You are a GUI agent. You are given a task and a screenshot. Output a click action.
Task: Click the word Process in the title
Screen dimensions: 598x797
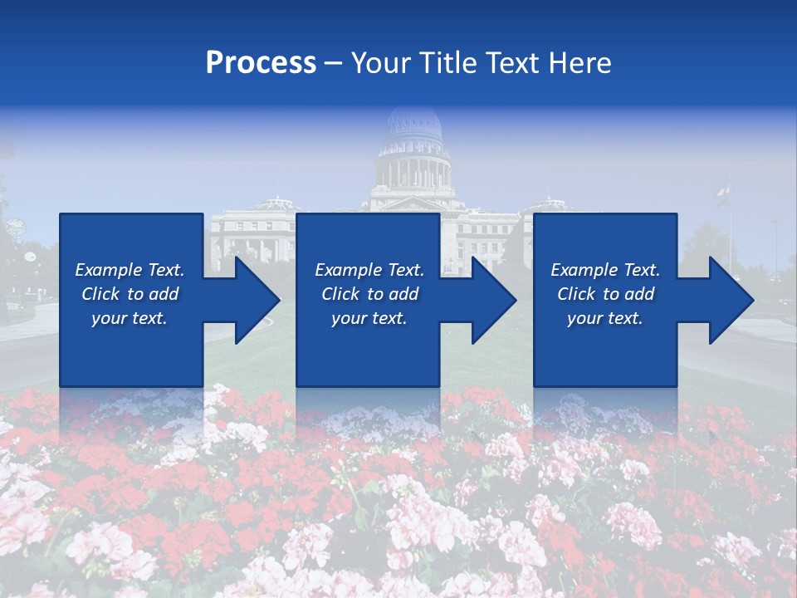point(261,62)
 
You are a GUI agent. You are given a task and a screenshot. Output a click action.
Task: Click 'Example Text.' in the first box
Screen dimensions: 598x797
point(130,270)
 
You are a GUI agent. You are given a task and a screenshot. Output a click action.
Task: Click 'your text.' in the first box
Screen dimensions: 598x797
point(130,318)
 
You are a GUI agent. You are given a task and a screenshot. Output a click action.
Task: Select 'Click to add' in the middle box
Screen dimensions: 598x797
point(369,294)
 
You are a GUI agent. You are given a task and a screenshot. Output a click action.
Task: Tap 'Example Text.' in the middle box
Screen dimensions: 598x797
point(369,270)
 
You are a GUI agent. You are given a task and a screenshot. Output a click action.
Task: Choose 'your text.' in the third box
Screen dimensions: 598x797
point(605,318)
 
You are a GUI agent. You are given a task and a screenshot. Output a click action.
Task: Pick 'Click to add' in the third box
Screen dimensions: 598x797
point(605,294)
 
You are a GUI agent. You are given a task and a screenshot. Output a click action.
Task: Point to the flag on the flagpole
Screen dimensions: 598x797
point(721,194)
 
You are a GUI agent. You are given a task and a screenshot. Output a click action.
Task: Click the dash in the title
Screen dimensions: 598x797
point(334,63)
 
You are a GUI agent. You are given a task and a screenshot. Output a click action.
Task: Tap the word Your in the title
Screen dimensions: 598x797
point(381,62)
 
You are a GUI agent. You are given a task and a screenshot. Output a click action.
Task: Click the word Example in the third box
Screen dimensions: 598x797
point(584,270)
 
